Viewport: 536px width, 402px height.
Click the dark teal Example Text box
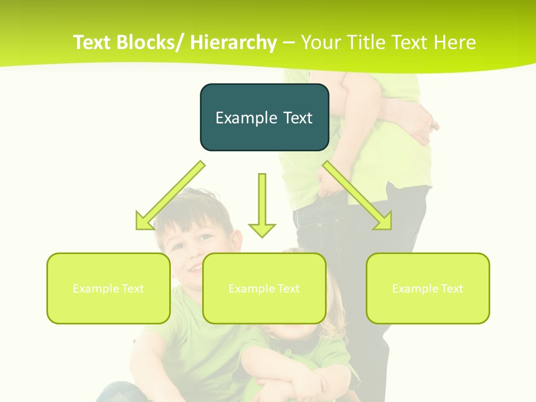click(x=264, y=117)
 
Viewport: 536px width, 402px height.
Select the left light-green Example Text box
click(x=108, y=288)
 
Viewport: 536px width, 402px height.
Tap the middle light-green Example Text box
click(x=264, y=288)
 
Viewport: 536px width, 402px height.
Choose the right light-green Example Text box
click(x=428, y=288)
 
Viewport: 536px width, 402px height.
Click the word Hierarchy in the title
click(x=233, y=42)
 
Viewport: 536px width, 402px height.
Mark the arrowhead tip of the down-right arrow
click(x=391, y=228)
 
